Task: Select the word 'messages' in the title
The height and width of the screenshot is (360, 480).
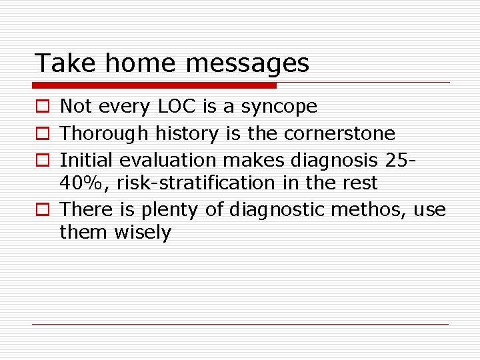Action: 247,63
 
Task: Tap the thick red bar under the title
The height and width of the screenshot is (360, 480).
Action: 155,85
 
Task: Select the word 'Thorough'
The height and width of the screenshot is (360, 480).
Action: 105,134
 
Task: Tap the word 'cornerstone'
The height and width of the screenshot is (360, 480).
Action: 339,134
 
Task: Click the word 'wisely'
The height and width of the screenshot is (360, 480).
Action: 143,233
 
